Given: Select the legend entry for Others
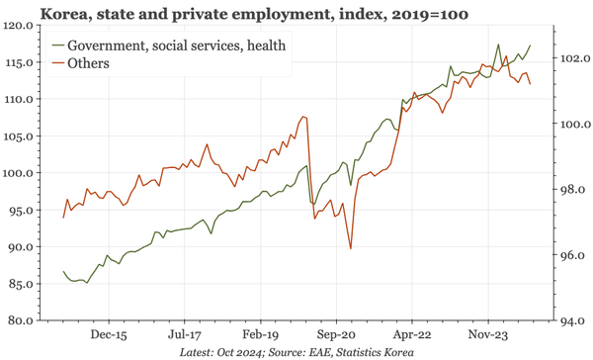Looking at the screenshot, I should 88,63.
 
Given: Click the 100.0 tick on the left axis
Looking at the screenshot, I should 21,173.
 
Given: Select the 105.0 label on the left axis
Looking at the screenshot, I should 21,136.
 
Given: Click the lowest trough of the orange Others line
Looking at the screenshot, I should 350,248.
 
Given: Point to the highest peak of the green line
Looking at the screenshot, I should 498,45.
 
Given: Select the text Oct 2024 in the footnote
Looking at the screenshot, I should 244,352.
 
